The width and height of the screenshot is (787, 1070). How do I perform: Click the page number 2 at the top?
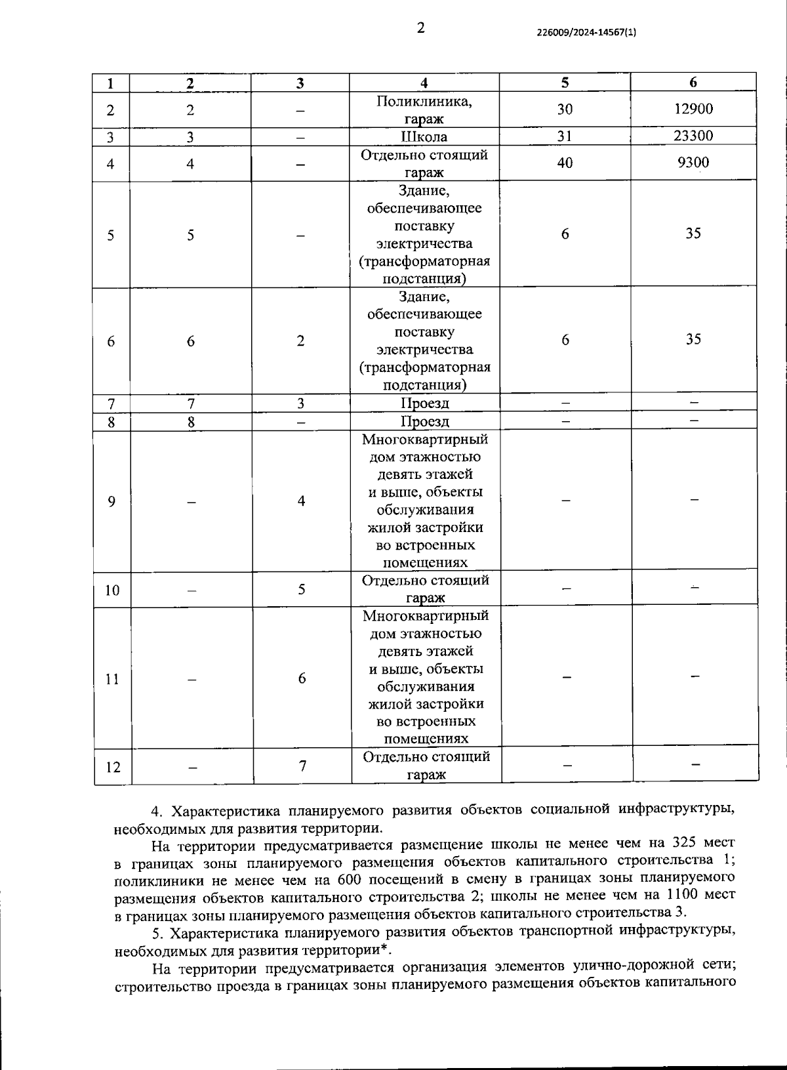pos(420,28)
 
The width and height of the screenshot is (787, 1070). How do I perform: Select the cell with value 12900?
pos(693,109)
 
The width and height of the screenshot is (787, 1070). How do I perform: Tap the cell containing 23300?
pos(693,136)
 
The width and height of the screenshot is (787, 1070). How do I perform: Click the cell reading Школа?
pos(424,136)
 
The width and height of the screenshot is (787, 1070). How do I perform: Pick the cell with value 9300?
pos(693,163)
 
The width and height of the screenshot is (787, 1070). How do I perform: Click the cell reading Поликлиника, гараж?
pos(424,110)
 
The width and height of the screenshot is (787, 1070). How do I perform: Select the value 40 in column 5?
pos(564,163)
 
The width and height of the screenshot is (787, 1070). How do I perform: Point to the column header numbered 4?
pos(424,83)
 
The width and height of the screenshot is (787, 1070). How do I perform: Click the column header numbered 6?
pos(693,82)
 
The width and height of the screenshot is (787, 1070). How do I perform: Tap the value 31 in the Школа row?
pos(564,136)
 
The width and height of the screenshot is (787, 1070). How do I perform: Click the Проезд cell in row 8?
pos(425,421)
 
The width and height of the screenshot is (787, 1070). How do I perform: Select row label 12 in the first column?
pos(113,766)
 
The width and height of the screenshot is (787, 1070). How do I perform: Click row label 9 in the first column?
pos(111,502)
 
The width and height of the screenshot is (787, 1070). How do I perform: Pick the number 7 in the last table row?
pos(302,766)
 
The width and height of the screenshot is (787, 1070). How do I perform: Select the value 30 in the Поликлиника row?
pos(564,109)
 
